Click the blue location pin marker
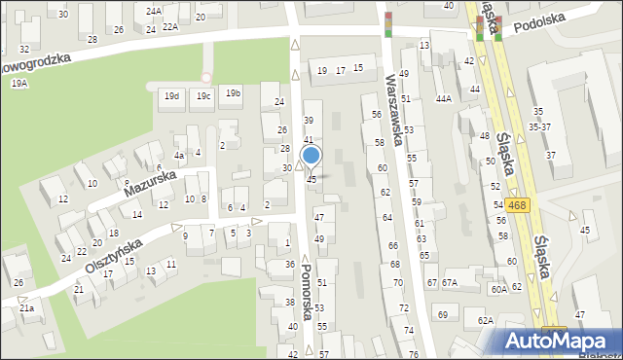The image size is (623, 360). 311,156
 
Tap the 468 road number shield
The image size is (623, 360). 518,204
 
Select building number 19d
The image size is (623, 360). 171,95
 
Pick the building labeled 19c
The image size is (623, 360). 202,95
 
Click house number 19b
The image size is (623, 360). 233,93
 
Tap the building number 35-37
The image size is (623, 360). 538,126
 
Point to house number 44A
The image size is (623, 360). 444,99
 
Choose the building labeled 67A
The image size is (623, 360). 449,282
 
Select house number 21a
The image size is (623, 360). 26,307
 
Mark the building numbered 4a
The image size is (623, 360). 179,156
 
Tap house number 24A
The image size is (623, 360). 154,12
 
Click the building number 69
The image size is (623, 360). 442,314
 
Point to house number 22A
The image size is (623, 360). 170,27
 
